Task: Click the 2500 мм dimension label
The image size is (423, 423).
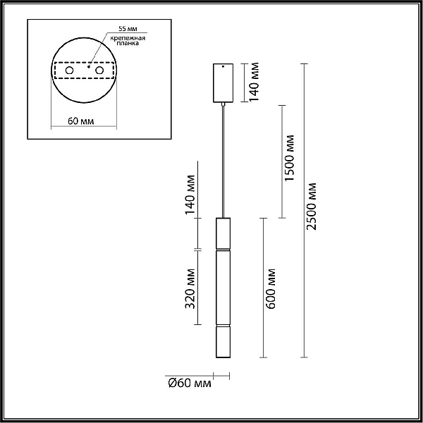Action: click(312, 207)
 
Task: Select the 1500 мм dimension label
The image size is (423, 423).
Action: click(290, 158)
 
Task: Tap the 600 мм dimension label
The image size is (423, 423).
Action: click(271, 288)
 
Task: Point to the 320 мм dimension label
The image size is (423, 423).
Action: click(190, 288)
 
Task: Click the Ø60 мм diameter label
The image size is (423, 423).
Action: click(190, 383)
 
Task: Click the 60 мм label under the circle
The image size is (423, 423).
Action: click(80, 121)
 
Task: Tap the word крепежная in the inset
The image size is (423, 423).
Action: click(128, 38)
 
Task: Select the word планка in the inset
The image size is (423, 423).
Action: click(128, 43)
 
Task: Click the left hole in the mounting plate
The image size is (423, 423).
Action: click(69, 70)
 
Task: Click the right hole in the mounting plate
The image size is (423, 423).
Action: click(99, 70)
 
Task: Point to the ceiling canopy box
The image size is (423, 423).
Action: click(223, 83)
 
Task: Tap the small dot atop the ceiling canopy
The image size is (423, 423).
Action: click(223, 66)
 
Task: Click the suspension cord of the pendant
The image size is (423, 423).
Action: click(223, 161)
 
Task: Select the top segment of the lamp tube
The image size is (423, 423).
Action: click(223, 233)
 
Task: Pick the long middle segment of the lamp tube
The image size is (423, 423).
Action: click(223, 288)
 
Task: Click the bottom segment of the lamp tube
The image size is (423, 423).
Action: click(223, 342)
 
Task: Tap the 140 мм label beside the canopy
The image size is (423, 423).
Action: click(254, 82)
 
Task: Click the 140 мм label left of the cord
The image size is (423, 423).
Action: click(190, 195)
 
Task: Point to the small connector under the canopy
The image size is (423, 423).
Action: click(223, 104)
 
